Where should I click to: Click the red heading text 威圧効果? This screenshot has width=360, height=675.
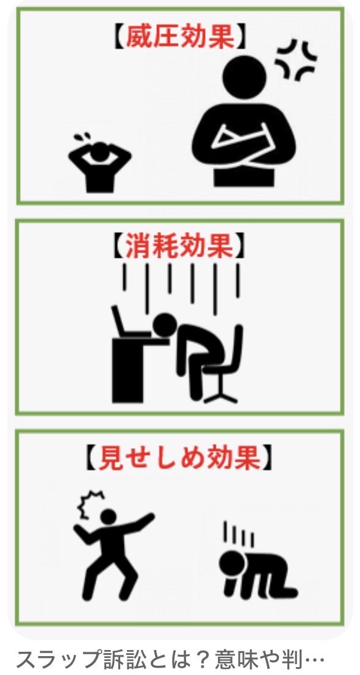[x=180, y=38]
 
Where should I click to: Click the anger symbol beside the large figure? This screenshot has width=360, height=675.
[x=296, y=60]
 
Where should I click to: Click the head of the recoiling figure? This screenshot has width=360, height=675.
[x=108, y=517]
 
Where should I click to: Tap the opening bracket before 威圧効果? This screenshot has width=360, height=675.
[x=118, y=38]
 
